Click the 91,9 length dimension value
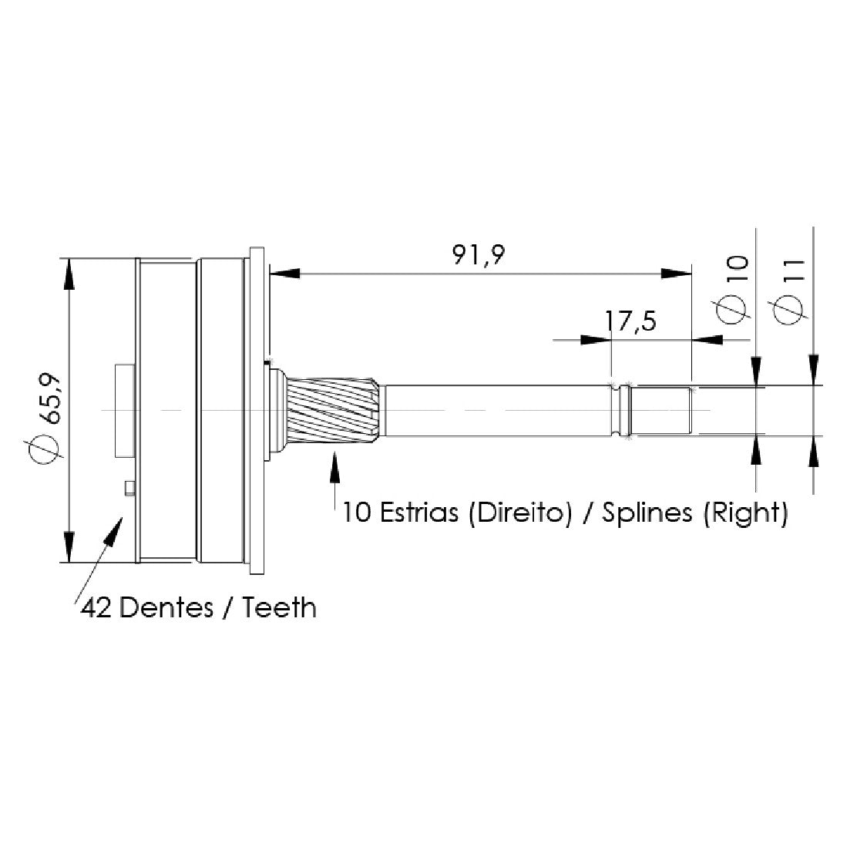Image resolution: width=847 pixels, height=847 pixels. point(479,255)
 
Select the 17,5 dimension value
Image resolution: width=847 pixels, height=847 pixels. point(630,321)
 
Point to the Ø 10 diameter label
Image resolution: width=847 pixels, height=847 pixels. point(733,290)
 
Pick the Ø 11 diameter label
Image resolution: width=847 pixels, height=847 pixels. point(790,291)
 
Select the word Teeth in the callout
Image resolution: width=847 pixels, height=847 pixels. point(279,608)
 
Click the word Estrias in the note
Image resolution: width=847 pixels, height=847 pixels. point(418,512)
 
